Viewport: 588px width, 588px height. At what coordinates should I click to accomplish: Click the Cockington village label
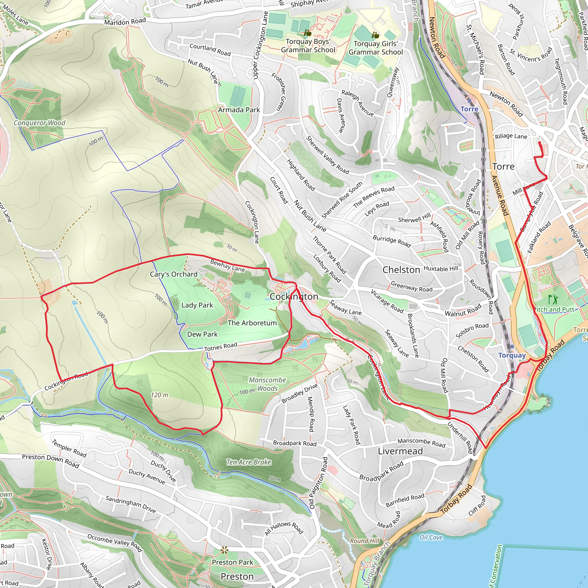pyautogui.click(x=294, y=296)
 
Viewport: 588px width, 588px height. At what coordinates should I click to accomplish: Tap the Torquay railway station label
pyautogui.click(x=512, y=355)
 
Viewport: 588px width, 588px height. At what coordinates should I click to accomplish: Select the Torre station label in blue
pyautogui.click(x=469, y=109)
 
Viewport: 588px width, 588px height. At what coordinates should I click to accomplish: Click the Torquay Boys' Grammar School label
pyautogui.click(x=308, y=46)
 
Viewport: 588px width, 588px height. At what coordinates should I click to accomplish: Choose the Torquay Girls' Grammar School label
pyautogui.click(x=376, y=48)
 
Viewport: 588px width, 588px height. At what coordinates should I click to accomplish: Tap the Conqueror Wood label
pyautogui.click(x=39, y=123)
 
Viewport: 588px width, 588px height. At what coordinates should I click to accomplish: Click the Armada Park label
pyautogui.click(x=239, y=110)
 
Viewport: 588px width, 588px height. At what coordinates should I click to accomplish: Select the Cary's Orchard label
pyautogui.click(x=173, y=274)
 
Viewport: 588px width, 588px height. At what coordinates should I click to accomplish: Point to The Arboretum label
pyautogui.click(x=252, y=323)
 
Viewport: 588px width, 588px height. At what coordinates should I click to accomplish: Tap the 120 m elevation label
pyautogui.click(x=159, y=395)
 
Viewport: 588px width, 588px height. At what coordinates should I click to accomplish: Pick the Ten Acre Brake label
pyautogui.click(x=249, y=462)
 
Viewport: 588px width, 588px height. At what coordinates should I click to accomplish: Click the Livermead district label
pyautogui.click(x=400, y=451)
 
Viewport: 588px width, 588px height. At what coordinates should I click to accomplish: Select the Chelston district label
pyautogui.click(x=401, y=270)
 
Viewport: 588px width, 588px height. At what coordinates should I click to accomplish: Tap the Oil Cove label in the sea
pyautogui.click(x=431, y=537)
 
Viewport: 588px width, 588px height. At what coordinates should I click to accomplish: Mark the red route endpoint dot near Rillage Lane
pyautogui.click(x=539, y=143)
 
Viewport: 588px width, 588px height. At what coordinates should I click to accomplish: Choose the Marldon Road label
pyautogui.click(x=125, y=22)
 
